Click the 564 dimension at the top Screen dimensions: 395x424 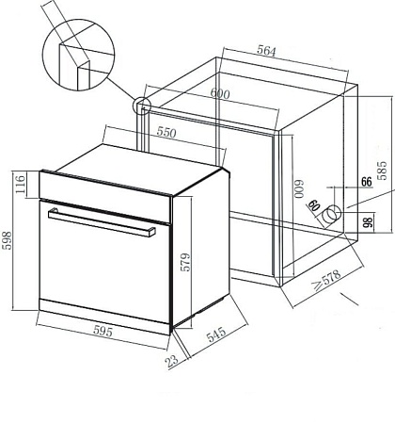coord(266,51)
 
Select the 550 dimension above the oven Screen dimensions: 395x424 coord(166,133)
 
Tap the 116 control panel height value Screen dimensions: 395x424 coord(20,185)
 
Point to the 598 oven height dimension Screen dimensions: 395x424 coord(7,240)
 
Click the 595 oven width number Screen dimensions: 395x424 coord(103,331)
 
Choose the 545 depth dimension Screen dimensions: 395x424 coord(216,334)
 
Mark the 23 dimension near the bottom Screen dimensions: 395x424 coord(172,361)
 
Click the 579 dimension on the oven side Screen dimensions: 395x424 coord(185,262)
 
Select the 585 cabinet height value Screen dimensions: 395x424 coord(382,171)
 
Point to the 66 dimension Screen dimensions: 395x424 coord(366,182)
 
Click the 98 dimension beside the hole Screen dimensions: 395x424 coord(369,221)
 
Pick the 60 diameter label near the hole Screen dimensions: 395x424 coord(314,205)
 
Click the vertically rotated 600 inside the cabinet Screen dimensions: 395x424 coord(299,188)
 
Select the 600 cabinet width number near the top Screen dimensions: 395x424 coord(220,93)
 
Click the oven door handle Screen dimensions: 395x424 coord(102,222)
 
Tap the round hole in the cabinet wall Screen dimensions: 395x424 coord(332,214)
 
